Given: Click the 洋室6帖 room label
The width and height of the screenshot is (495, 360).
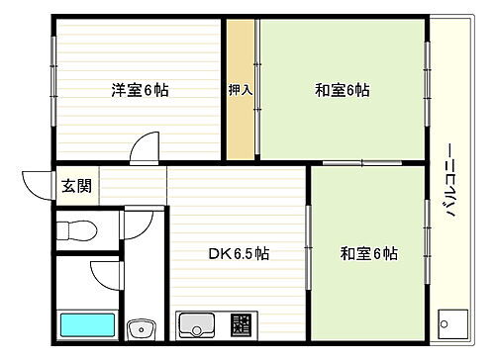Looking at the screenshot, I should tap(139, 91).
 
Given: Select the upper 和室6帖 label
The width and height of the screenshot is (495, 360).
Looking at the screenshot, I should tap(343, 91).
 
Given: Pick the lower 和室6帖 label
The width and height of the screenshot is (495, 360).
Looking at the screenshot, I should tap(369, 253).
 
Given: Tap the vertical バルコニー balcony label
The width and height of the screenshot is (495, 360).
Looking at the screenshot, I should tap(450, 182).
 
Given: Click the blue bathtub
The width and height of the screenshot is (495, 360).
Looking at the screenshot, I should tap(86, 325).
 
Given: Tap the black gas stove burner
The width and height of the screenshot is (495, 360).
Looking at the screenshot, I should tap(241, 324).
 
